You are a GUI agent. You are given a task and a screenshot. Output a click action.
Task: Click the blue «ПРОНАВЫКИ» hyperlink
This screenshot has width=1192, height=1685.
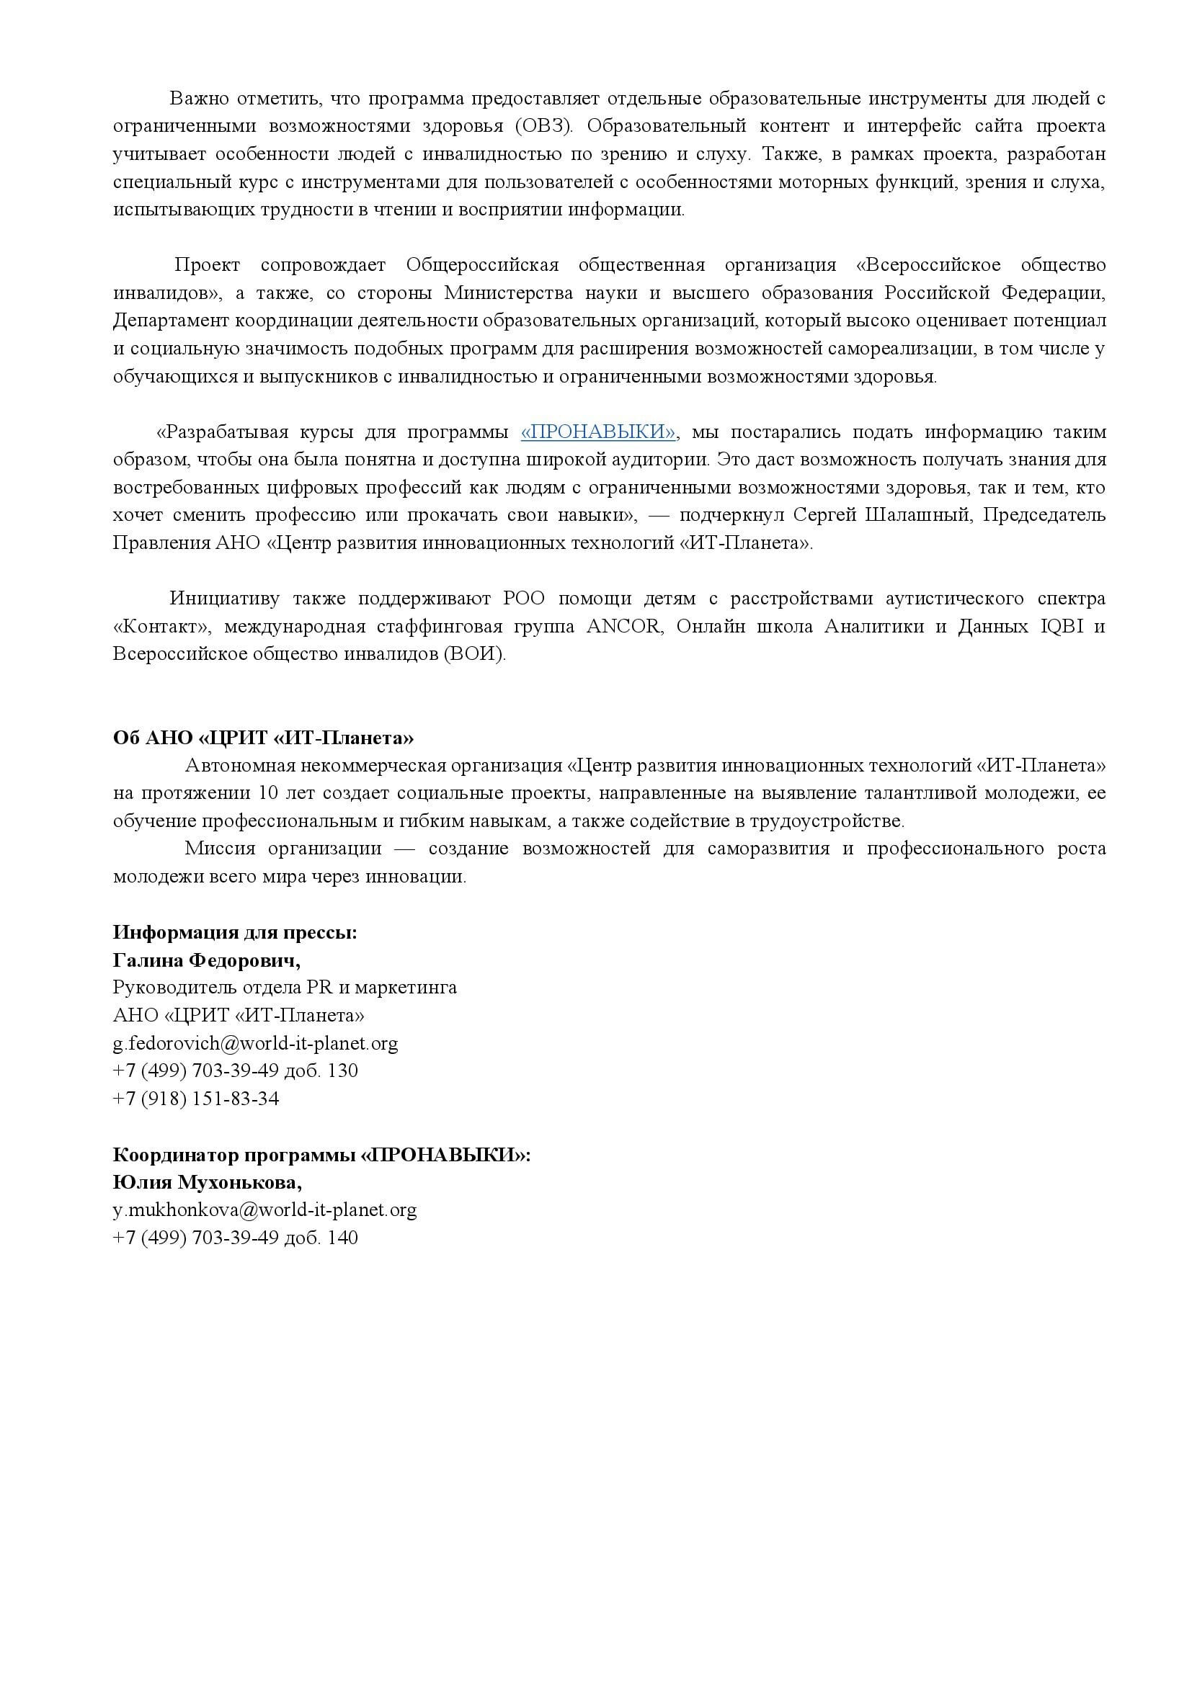[598, 432]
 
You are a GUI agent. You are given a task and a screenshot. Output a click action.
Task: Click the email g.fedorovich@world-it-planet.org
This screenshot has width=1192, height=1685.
[255, 1043]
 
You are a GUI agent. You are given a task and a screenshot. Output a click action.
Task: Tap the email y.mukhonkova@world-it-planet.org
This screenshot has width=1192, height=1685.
[265, 1210]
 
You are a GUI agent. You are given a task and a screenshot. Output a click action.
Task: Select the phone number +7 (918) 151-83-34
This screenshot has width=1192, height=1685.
[196, 1099]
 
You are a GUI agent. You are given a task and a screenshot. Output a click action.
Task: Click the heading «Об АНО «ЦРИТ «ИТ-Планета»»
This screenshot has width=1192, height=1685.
[263, 738]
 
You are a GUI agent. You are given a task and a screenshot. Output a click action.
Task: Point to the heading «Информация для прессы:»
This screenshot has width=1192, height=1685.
[235, 932]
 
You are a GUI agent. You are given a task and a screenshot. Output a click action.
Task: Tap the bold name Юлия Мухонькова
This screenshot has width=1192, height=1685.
[207, 1182]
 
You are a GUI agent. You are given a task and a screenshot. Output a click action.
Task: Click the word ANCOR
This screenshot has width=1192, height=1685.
[626, 627]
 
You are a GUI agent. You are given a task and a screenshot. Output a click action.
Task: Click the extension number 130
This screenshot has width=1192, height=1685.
[343, 1071]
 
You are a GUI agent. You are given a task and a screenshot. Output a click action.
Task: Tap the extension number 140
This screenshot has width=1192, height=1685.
[343, 1238]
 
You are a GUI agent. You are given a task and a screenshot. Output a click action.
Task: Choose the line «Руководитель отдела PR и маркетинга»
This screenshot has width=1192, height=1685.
[285, 988]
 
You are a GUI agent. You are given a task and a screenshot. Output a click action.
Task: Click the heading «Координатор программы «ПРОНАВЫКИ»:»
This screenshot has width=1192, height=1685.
[321, 1154]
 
